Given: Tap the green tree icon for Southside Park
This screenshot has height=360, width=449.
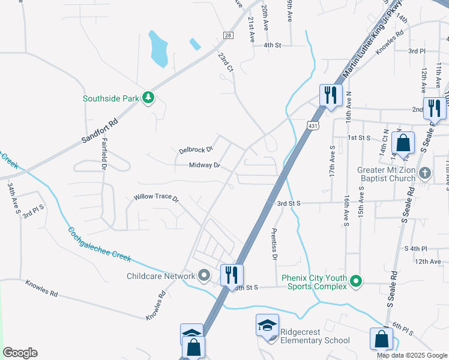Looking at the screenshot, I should [148, 98].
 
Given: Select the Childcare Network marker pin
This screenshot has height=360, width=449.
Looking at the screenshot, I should [204, 276].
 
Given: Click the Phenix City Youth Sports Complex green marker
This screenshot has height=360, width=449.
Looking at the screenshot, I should [356, 280].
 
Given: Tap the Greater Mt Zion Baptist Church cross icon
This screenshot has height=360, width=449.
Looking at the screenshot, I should [424, 173].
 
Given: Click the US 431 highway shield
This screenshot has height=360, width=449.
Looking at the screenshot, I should [312, 126].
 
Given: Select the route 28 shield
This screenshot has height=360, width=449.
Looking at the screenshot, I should [228, 36].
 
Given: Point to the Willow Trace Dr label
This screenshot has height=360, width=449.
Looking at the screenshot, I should [156, 197].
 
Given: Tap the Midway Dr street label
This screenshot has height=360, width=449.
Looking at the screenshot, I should [205, 165].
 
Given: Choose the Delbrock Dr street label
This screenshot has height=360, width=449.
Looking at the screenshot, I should [196, 149].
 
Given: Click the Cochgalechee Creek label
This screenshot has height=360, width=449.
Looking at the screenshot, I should [99, 244].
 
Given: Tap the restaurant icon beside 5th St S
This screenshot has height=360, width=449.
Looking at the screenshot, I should [232, 275].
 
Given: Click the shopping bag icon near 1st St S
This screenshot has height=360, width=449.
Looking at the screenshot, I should [403, 143].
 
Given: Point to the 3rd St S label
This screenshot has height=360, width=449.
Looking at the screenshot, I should [288, 203].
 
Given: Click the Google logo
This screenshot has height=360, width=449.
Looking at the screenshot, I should [20, 353].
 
